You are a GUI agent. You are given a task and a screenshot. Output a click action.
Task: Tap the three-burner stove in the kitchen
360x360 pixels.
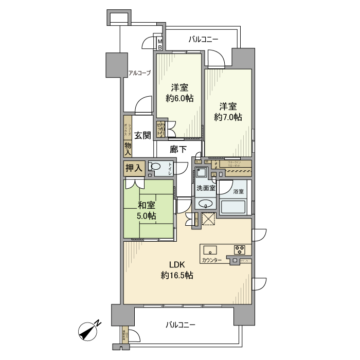click(240, 250)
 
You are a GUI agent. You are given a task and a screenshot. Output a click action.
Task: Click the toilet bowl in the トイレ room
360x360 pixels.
click(155, 166)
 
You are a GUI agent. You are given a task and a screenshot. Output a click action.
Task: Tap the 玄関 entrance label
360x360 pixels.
click(142, 136)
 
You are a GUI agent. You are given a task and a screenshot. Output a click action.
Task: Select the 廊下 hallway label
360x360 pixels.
click(178, 149)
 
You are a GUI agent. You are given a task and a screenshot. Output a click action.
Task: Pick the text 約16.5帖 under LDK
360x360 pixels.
click(177, 276)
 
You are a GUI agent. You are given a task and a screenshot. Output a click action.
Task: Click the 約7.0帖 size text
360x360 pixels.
click(228, 117)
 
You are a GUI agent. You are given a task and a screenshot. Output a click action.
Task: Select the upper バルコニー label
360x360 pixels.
click(203, 39)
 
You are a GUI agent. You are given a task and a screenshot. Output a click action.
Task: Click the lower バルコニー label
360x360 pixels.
click(181, 325)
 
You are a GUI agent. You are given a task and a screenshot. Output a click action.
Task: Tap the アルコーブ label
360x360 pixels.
click(139, 73)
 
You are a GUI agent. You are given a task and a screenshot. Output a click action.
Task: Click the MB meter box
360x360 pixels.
click(160, 44)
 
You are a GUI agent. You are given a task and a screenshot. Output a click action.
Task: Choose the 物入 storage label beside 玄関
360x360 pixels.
click(128, 149)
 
